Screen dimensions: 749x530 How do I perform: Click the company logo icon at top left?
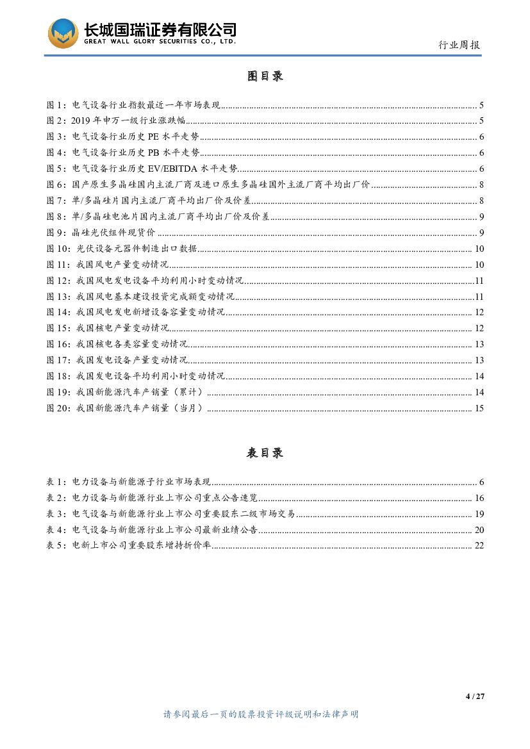point(63,34)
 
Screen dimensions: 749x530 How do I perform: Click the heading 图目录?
point(265,76)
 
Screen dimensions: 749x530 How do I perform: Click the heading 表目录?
point(265,453)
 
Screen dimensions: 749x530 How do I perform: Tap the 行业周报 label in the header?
point(459,45)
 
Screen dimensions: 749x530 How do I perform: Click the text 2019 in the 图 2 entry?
point(81,121)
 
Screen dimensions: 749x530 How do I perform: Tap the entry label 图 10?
point(60,249)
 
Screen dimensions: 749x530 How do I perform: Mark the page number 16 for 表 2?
point(479,498)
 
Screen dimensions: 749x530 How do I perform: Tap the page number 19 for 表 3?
point(479,514)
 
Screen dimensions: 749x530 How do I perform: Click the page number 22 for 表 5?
point(479,546)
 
